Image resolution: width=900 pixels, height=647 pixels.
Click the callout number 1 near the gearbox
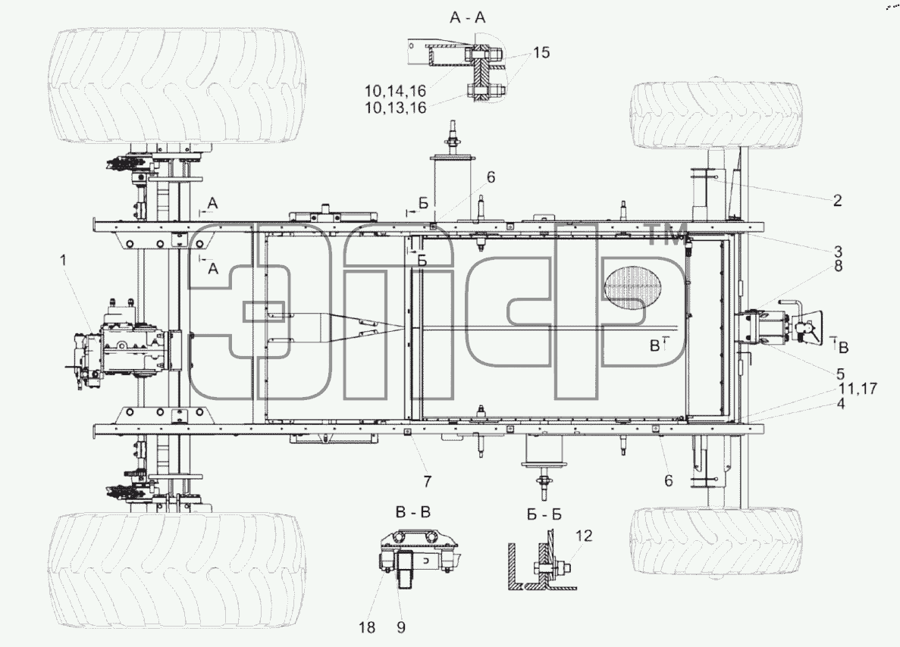(x=64, y=261)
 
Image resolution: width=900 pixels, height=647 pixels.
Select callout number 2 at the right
(x=837, y=200)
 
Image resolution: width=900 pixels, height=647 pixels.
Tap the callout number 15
(x=541, y=53)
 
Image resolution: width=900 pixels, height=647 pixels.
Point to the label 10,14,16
(x=396, y=91)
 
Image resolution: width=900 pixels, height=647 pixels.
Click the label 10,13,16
(x=396, y=108)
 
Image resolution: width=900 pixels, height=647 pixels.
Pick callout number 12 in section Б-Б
(x=583, y=535)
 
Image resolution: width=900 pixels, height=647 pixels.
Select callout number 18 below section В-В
(x=367, y=627)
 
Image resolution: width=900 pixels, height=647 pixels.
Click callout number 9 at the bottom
(x=400, y=627)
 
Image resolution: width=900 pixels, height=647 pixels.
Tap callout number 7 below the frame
(x=427, y=482)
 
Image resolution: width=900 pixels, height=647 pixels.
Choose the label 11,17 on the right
(x=858, y=389)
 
